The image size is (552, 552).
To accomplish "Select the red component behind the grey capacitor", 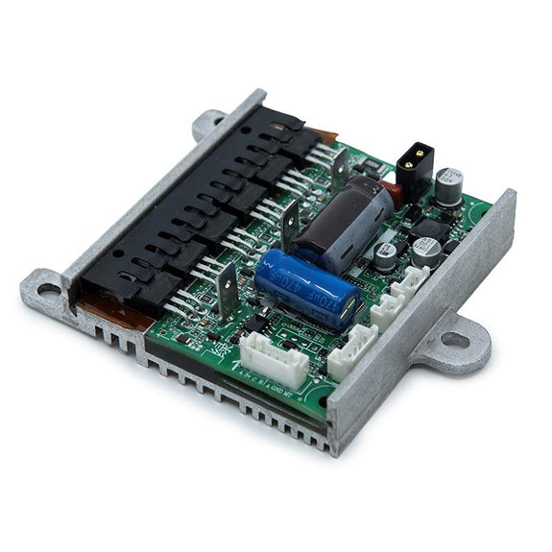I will [x=390, y=195].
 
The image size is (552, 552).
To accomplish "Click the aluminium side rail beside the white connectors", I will [x=422, y=317].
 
